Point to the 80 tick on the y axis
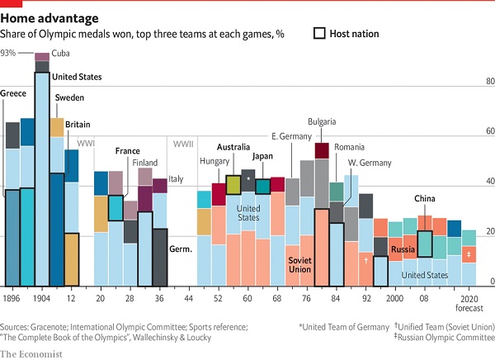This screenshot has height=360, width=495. (x=488, y=81)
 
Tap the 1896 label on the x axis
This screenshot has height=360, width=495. (x=12, y=297)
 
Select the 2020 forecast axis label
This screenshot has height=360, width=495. (x=469, y=302)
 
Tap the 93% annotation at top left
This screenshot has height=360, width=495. (x=8, y=53)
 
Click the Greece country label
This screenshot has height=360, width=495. (x=13, y=93)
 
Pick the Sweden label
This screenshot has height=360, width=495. (x=69, y=98)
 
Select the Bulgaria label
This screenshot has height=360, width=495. (x=322, y=121)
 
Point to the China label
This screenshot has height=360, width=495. (x=425, y=198)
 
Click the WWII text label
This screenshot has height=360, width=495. (x=183, y=144)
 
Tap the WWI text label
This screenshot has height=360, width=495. (x=86, y=144)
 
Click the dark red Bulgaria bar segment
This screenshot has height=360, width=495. (x=322, y=149)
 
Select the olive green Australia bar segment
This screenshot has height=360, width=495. (x=233, y=184)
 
